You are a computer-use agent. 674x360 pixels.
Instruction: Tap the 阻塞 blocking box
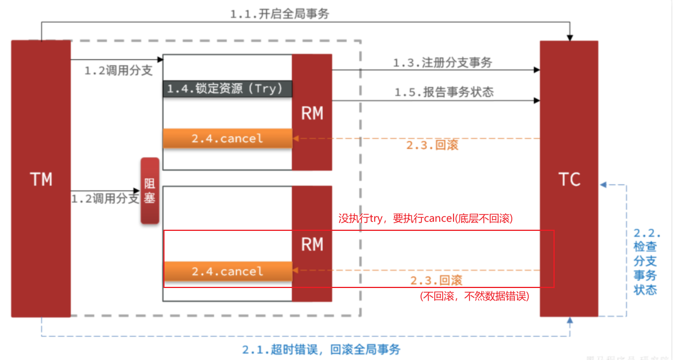click(x=150, y=191)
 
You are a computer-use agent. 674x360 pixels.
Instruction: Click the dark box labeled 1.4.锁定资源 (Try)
click(x=227, y=89)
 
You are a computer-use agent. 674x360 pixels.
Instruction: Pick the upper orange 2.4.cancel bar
click(x=227, y=138)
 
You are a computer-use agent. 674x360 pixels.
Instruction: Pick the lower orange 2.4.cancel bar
click(x=227, y=271)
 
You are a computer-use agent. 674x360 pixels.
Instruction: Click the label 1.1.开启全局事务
click(x=279, y=14)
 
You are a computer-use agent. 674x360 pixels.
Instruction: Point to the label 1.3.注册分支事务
click(x=442, y=63)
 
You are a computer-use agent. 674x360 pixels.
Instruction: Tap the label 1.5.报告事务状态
click(x=443, y=92)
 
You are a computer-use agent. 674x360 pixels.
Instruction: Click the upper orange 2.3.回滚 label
click(x=432, y=145)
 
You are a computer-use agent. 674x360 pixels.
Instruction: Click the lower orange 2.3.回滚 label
click(x=436, y=281)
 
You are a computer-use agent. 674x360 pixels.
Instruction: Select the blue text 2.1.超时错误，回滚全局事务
click(x=321, y=350)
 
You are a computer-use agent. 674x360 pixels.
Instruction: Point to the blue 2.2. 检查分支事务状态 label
click(x=646, y=261)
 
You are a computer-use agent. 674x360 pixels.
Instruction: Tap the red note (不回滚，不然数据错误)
click(x=474, y=296)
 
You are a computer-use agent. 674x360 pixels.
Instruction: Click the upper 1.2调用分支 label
click(x=118, y=71)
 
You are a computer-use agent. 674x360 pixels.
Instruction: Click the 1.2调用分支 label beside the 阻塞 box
click(x=105, y=199)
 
